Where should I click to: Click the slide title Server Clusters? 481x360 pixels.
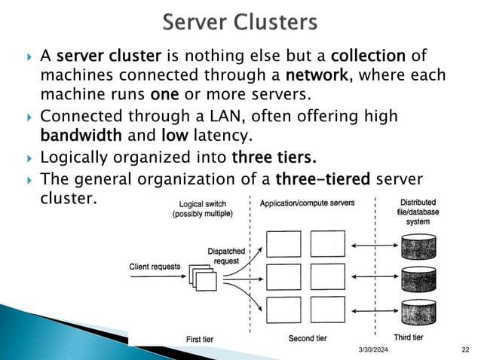(x=240, y=23)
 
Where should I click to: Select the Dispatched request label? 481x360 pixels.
(x=223, y=255)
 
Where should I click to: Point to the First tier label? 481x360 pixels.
(x=200, y=339)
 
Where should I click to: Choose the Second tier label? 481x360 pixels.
(x=308, y=338)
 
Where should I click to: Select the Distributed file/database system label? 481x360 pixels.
(x=420, y=212)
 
